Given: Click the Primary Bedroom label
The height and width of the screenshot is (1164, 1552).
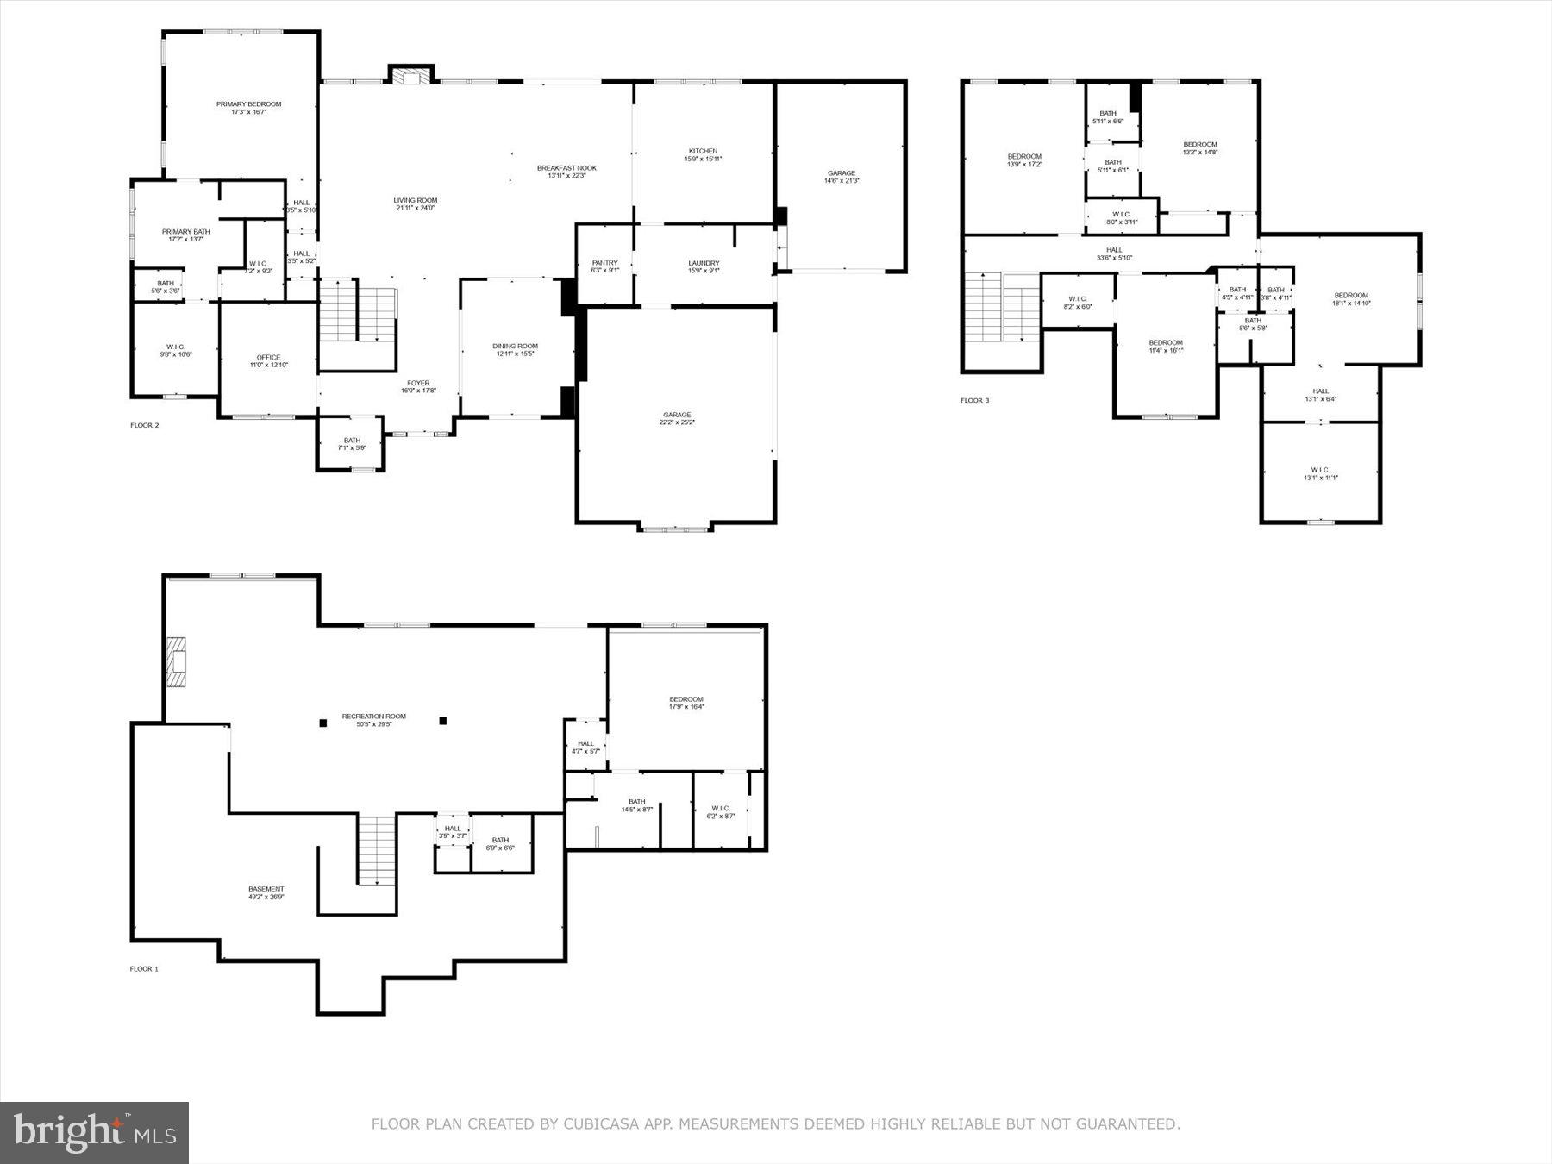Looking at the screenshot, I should pos(248,108).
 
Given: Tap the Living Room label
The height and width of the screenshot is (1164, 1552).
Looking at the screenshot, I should pos(415,203).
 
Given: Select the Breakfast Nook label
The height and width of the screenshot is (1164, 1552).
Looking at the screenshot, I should pos(566,172).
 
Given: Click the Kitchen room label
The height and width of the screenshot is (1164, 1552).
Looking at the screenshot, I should pos(703,154).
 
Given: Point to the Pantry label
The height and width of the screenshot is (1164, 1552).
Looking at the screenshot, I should pos(604,266).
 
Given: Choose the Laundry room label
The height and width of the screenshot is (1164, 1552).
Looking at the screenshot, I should pos(704,266).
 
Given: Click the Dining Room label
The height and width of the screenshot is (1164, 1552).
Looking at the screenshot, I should pos(515,349).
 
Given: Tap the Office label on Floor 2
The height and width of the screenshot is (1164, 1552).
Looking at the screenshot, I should pos(268,360).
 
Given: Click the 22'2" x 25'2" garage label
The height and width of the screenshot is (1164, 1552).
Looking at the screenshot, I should pos(677,418).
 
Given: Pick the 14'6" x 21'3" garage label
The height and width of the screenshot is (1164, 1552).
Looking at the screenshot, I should pos(841,177).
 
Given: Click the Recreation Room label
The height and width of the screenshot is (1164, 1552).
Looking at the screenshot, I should pos(373,720).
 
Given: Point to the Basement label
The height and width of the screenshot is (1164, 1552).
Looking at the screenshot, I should pos(266,892).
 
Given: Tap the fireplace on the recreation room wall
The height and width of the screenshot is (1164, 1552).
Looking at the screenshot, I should pos(177,661).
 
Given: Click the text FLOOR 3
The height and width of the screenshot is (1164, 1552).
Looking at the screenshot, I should pos(975,400).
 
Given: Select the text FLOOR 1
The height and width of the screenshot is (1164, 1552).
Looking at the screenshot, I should pos(144,968).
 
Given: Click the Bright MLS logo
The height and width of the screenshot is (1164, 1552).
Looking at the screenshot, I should pos(94,1132).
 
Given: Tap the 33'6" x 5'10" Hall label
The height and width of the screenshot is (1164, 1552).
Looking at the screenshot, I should pos(1114,253).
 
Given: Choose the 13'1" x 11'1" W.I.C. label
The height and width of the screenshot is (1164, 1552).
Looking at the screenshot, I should pos(1320,473).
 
